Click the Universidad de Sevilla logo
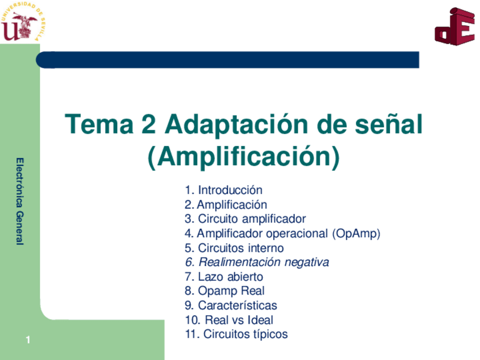click(x=23, y=23)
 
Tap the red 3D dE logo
click(x=454, y=27)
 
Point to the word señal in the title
click(x=389, y=124)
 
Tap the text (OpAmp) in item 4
click(x=356, y=234)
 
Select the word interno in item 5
click(x=265, y=248)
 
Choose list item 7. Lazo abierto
click(x=224, y=277)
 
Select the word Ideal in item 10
click(x=260, y=320)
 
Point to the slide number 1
click(x=27, y=340)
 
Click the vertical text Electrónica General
click(x=20, y=201)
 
